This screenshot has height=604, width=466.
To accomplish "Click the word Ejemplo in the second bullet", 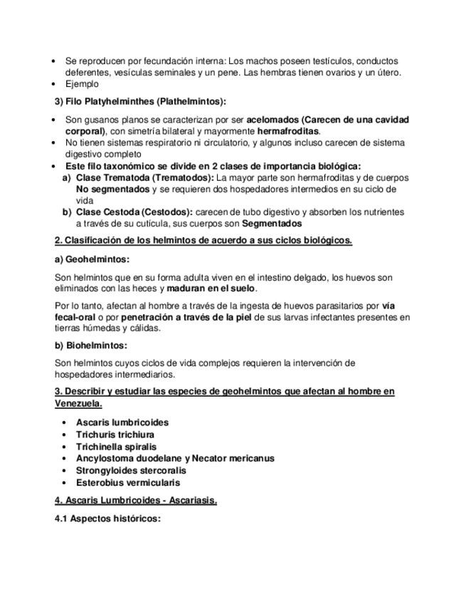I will pyautogui.click(x=82, y=84).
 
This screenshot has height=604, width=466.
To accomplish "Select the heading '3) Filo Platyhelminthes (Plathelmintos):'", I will pyautogui.click(x=140, y=101).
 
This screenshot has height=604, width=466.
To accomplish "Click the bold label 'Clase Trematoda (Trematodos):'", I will pyautogui.click(x=144, y=177).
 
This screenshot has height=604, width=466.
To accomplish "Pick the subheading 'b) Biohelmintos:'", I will pyautogui.click(x=90, y=345).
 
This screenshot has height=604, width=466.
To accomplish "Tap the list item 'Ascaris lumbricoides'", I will pyautogui.click(x=122, y=422).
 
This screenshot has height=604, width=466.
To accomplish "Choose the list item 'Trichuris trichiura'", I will pyautogui.click(x=115, y=434).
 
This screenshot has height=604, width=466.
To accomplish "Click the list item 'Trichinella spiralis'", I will pyautogui.click(x=116, y=447).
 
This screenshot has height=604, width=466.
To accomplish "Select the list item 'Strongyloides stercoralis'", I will pyautogui.click(x=131, y=471).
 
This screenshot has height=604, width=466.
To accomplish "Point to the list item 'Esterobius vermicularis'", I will pyautogui.click(x=128, y=483).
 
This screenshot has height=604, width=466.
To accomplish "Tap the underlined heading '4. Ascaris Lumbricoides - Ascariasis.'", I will pyautogui.click(x=136, y=500).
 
